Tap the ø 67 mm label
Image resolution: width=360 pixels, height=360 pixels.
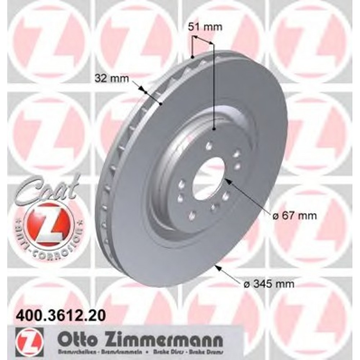click(294, 216)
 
